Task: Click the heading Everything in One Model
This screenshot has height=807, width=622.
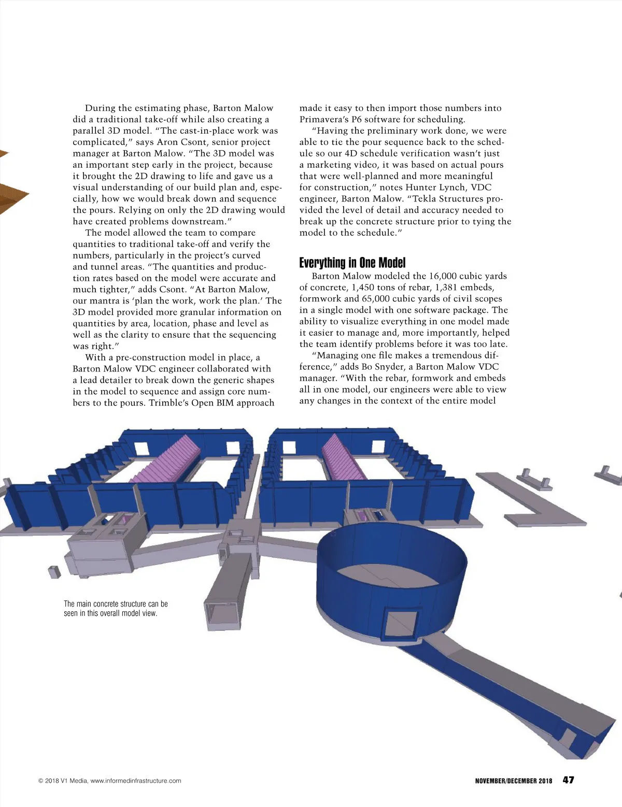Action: coord(352,263)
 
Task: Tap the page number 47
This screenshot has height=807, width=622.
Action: coord(568,780)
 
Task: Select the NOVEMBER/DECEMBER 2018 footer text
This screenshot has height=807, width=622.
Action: coord(513,781)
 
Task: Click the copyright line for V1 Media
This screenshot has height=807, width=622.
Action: coord(110,781)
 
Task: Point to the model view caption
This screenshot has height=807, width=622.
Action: coord(116,609)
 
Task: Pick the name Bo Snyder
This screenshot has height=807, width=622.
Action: coord(383,367)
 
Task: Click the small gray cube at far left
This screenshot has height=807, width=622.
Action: coord(54,572)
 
